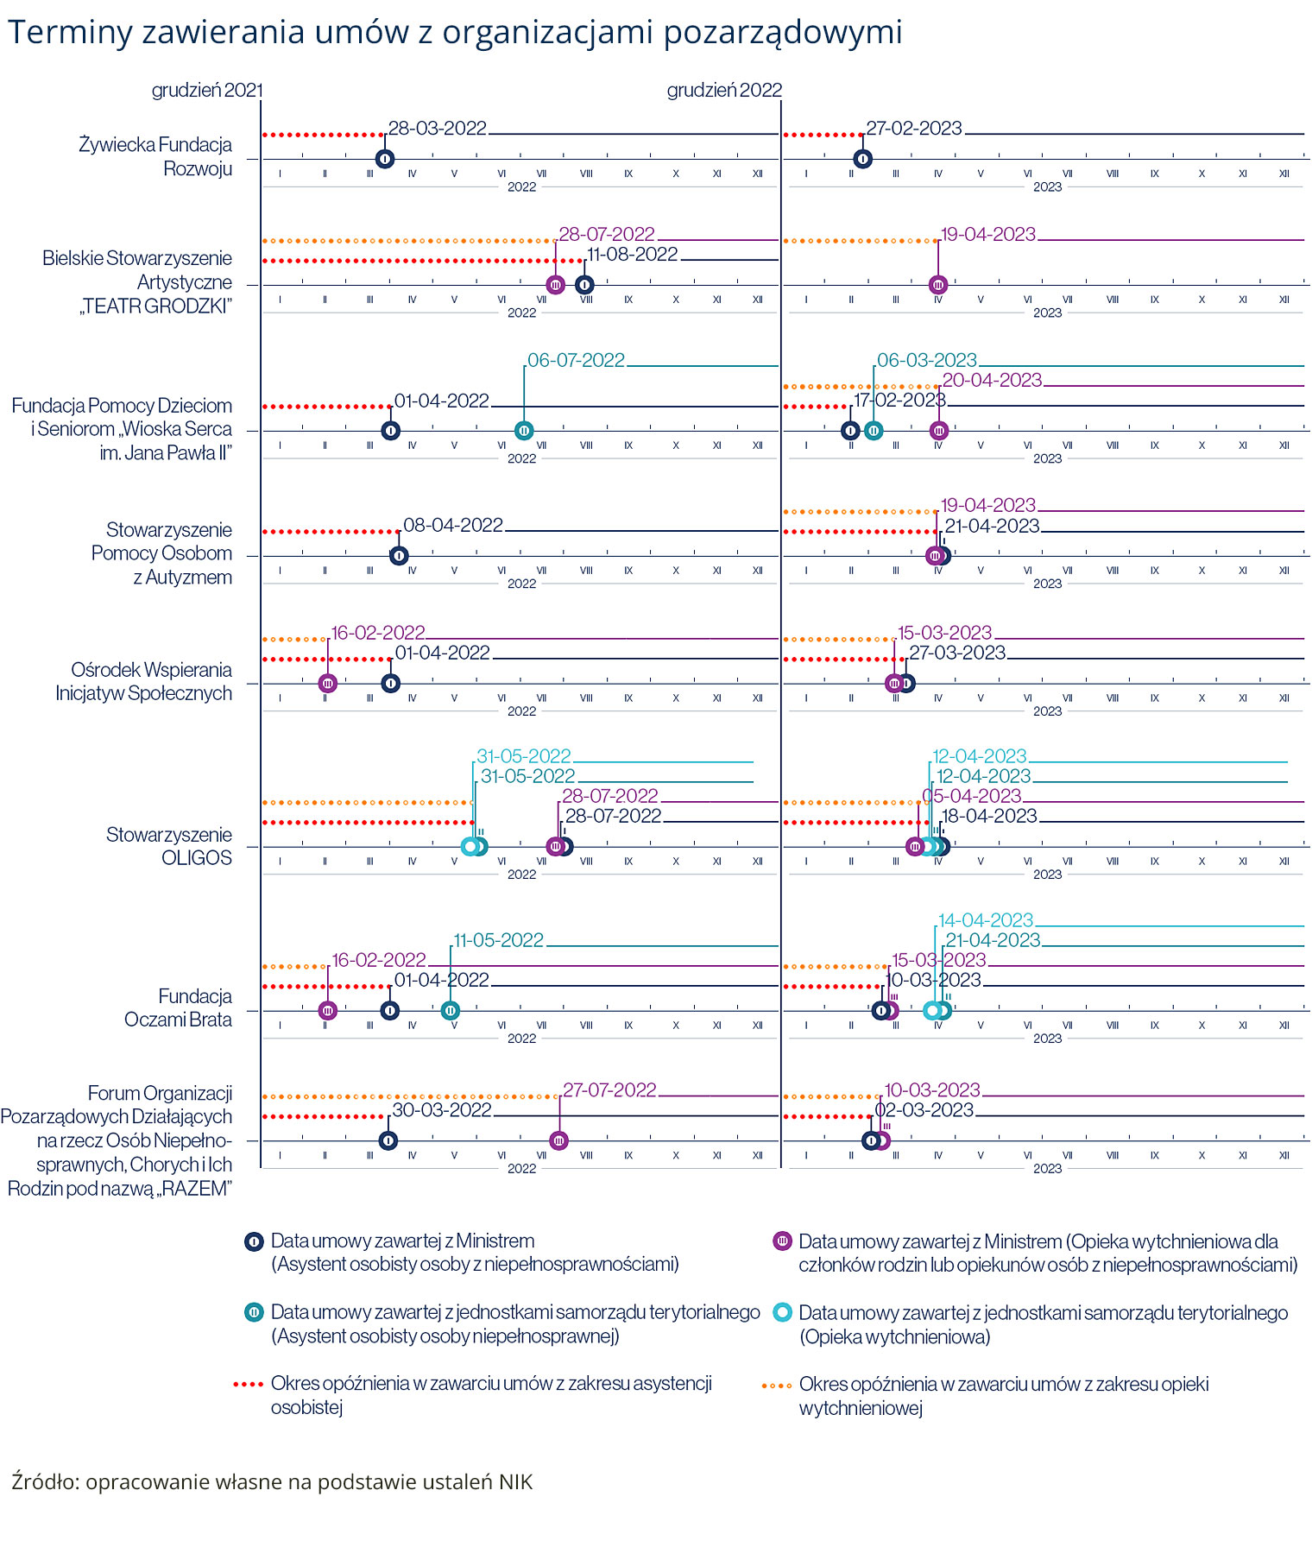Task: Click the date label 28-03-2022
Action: point(438,129)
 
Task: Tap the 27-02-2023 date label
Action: point(914,129)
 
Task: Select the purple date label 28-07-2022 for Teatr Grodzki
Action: point(607,235)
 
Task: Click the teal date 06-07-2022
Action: point(576,361)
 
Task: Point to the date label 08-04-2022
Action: point(453,526)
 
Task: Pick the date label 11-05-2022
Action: point(499,941)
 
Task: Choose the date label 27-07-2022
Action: point(609,1091)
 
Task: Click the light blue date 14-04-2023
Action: point(986,921)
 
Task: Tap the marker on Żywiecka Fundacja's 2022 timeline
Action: point(386,159)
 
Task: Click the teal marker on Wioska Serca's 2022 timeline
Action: point(524,431)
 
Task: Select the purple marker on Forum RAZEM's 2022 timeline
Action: point(559,1141)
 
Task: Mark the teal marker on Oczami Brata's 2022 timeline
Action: point(451,1011)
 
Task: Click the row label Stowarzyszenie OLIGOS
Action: point(169,847)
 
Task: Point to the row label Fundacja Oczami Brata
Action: point(178,1008)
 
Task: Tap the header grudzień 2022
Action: point(724,91)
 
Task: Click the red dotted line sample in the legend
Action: point(248,1385)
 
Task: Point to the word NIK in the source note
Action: point(515,1482)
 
